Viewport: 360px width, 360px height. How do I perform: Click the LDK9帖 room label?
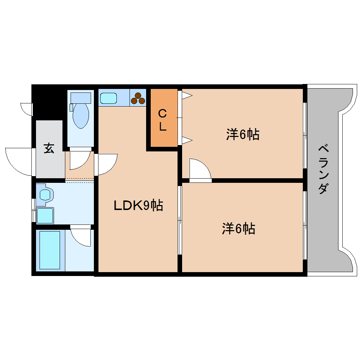138,205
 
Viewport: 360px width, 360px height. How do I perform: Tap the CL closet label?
162,120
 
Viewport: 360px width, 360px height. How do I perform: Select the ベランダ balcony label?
323,169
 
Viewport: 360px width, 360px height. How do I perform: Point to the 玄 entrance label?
49,148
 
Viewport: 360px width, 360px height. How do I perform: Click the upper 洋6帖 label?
243,134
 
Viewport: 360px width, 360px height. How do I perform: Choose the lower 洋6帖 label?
239,229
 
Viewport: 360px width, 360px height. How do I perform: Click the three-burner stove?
138,98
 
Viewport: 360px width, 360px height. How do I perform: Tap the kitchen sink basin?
108,98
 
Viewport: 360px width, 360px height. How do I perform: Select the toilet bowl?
81,115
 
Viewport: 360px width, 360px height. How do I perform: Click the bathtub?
50,250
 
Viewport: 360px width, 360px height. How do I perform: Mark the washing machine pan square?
45,215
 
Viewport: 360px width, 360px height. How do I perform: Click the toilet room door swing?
79,160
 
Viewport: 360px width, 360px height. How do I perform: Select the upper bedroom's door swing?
200,170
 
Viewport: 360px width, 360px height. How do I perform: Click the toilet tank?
80,97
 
